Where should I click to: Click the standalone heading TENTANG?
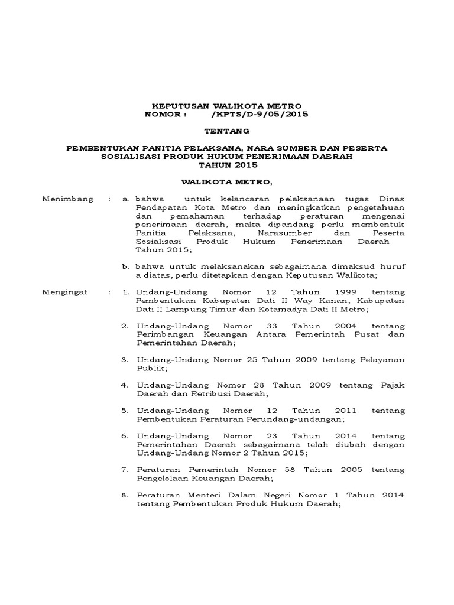[x=227, y=130]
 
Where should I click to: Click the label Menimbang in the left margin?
[x=68, y=199]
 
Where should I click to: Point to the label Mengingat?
[x=66, y=292]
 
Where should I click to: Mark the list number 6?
[x=124, y=435]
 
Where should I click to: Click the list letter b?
[x=125, y=267]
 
